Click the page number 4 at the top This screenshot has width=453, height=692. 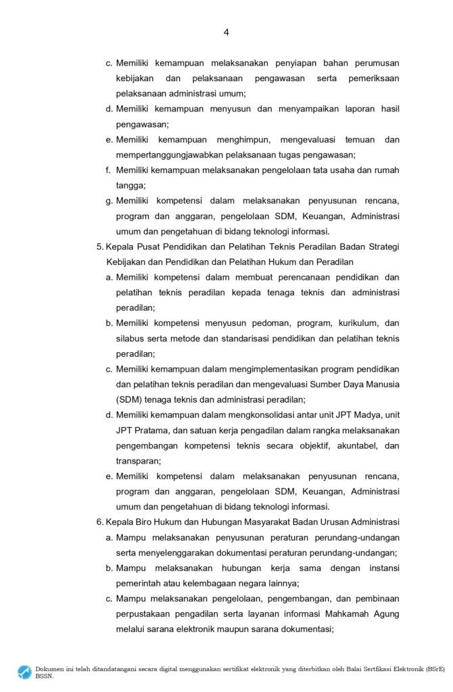point(226,32)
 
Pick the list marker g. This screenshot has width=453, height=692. point(109,201)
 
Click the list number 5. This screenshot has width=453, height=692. point(99,247)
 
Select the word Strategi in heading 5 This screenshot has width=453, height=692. point(381,247)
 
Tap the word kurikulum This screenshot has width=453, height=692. point(353,323)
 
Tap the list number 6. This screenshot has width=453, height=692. point(99,522)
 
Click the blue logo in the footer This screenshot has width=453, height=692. point(25,672)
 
